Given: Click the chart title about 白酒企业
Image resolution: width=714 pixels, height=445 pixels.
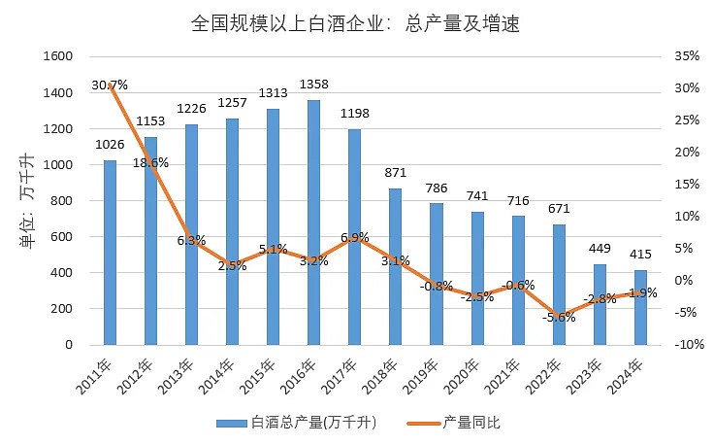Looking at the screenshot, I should point(356,23).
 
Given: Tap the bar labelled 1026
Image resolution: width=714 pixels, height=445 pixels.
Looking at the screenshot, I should point(110,253).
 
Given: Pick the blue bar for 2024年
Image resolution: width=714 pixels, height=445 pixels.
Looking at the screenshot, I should point(640,307).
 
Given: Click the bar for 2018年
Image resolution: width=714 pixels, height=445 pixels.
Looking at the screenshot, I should point(395,266).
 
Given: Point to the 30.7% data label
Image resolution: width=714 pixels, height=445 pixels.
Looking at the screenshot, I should point(110,85).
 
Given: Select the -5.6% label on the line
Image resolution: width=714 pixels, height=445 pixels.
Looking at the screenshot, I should point(559,318).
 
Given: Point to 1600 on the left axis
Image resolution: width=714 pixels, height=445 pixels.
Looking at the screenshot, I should point(59,56).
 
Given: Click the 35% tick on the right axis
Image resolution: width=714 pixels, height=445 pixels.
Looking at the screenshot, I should point(686,56).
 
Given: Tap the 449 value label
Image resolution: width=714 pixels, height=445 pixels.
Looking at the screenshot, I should point(600,248).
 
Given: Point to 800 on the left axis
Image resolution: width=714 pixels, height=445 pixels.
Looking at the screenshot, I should point(63,201).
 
